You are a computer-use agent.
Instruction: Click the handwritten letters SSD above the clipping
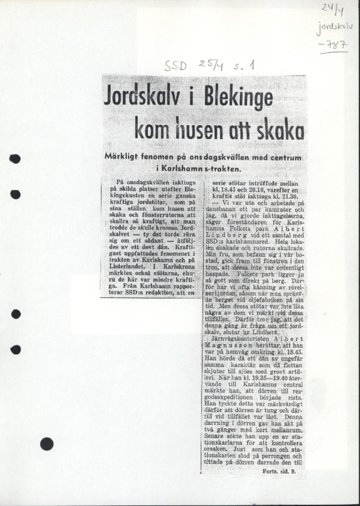click(175, 66)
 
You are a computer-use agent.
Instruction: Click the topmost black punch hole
click(15, 159)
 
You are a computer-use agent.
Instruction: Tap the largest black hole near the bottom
click(47, 444)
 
